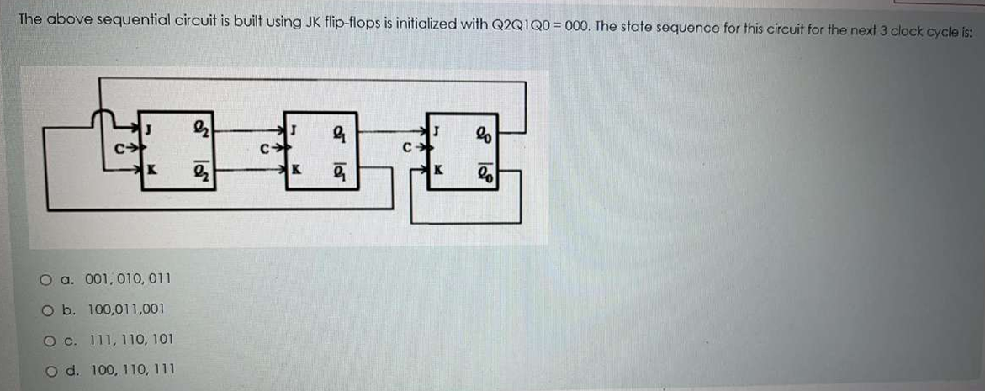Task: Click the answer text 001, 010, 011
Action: pos(127,278)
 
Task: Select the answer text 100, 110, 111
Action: pos(130,369)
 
